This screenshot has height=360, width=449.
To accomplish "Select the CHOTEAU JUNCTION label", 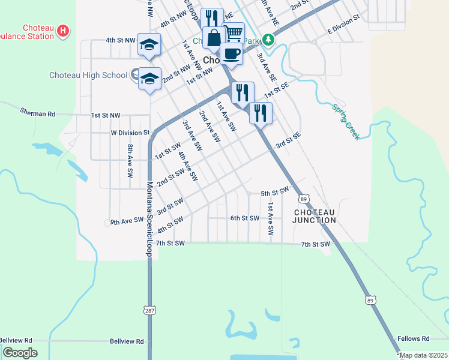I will [x=314, y=217].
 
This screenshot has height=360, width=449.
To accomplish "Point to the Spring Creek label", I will [x=346, y=122].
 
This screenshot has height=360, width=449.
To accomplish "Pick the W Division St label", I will [x=130, y=133].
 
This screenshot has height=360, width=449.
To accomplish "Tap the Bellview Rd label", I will [x=127, y=341].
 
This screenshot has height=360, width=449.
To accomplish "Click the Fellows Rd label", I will [x=417, y=338].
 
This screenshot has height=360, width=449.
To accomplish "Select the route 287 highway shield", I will [x=149, y=310].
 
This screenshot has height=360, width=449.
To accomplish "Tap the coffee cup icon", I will [x=231, y=54].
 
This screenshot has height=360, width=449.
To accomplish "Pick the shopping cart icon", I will [x=234, y=32].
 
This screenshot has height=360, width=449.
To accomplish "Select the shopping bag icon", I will [x=214, y=37].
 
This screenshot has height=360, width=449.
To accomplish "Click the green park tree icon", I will [x=269, y=40].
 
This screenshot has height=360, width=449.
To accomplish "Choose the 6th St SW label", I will [x=244, y=218].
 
